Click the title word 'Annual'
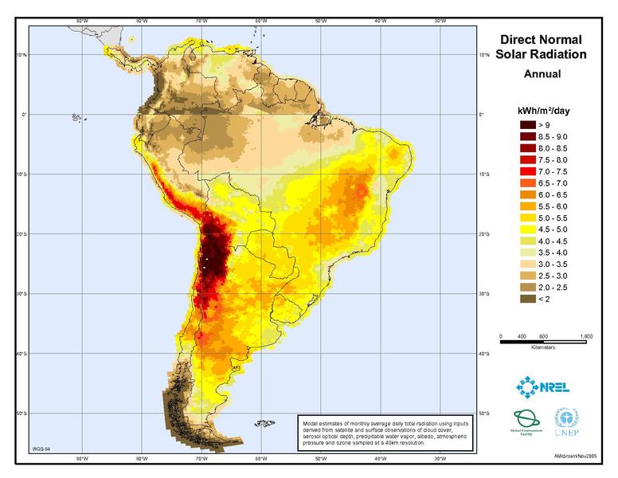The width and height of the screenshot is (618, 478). click(x=542, y=74)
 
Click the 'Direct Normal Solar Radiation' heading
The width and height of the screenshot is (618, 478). click(x=542, y=47)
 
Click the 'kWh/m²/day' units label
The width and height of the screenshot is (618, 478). click(x=542, y=109)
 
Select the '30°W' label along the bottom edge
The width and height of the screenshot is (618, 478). click(x=439, y=460)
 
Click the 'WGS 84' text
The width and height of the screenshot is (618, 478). click(x=40, y=450)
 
